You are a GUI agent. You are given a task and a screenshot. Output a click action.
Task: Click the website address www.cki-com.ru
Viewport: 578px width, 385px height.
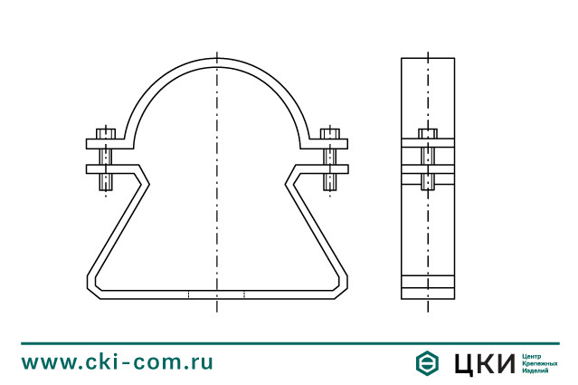[x=117, y=362]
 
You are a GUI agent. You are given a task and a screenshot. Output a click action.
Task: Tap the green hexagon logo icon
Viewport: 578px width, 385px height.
[x=427, y=363]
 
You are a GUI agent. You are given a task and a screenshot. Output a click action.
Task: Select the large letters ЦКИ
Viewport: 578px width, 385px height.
[x=484, y=363]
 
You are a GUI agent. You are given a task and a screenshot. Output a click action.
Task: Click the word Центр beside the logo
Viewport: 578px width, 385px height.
[x=532, y=357]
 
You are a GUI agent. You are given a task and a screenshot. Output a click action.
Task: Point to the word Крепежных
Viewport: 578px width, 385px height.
[x=540, y=363]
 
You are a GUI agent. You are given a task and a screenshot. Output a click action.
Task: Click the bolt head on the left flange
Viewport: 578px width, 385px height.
[x=106, y=134]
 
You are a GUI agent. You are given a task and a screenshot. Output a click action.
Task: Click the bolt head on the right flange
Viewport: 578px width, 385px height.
[x=330, y=134]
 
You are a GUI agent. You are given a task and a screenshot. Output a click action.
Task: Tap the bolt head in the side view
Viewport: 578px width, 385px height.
[x=428, y=134]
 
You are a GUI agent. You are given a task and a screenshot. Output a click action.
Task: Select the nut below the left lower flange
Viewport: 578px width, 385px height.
[x=106, y=182]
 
